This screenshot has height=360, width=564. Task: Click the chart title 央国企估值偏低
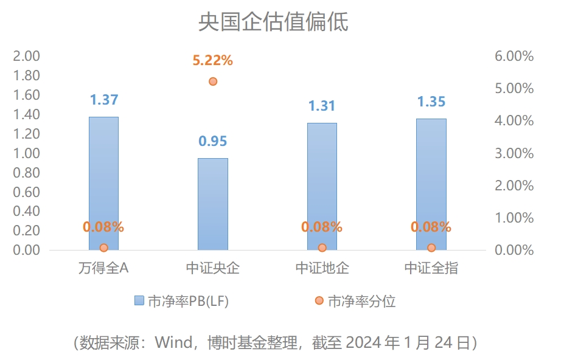point(273,22)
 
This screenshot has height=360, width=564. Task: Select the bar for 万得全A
point(103,182)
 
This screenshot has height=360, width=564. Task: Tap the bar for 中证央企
point(212,204)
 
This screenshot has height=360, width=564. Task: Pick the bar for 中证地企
point(322,185)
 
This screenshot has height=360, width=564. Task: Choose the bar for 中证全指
point(431,184)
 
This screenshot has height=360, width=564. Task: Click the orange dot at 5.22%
point(212,81)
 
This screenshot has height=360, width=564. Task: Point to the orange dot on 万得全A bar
point(103,247)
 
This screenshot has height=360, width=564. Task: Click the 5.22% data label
point(212,60)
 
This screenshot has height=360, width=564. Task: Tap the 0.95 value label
point(212,142)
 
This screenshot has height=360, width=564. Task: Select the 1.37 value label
point(103,100)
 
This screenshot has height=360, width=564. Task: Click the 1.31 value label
point(322,106)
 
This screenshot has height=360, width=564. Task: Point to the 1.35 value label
point(431,102)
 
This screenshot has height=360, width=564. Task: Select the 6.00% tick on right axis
point(514,57)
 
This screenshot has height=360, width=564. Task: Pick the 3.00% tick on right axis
point(514,153)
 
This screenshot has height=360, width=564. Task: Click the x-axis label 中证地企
point(322,268)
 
